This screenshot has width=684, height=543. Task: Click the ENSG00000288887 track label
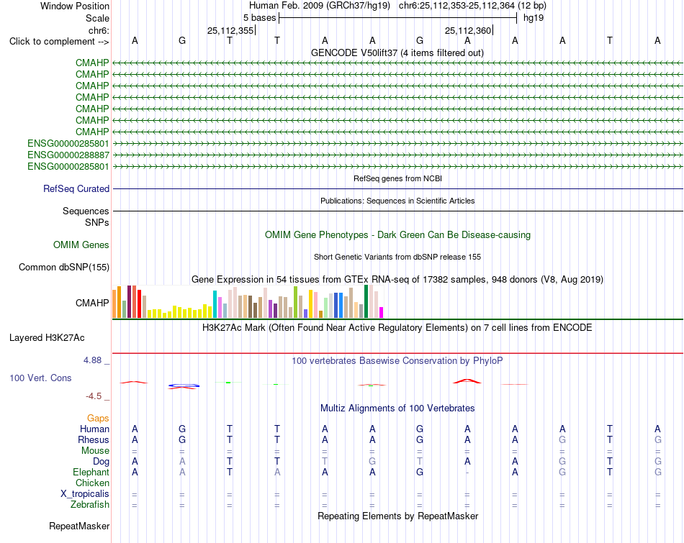point(68,155)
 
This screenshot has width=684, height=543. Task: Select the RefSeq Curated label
point(76,188)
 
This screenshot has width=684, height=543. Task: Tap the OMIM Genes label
point(81,245)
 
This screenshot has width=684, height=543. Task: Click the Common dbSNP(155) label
point(64,267)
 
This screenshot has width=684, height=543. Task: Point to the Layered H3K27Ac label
point(47,338)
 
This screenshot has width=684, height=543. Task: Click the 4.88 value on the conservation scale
point(92,360)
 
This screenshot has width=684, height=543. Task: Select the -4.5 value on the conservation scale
point(94,396)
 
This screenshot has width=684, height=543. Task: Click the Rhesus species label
point(94,439)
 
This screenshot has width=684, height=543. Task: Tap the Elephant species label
point(91,472)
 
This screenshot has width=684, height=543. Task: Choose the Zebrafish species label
point(90,505)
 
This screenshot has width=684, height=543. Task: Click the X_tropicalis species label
point(85,494)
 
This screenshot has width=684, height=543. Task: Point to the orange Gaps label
point(98,419)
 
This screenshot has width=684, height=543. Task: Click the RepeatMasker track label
point(79,526)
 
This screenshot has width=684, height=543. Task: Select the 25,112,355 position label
point(230,30)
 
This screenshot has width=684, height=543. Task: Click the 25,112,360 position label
point(468,30)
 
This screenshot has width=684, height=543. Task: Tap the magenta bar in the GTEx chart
point(382,312)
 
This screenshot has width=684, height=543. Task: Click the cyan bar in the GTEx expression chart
point(215,304)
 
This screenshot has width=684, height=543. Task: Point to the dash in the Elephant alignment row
point(467,473)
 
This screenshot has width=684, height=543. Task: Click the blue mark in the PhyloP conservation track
point(184,385)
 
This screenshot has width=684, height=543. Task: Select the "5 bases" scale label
point(259,18)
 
